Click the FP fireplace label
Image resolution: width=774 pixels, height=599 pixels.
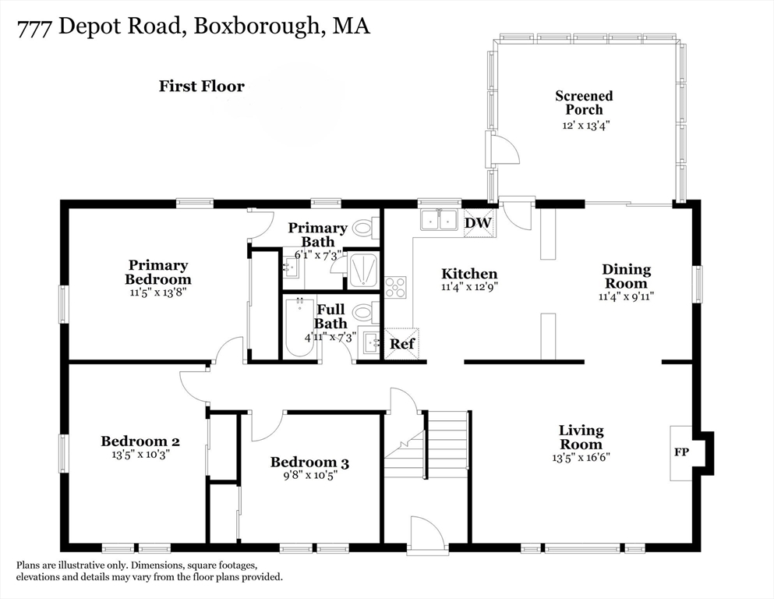680,452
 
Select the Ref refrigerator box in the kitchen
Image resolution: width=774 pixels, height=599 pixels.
401,343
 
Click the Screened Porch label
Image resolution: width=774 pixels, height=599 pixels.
584,102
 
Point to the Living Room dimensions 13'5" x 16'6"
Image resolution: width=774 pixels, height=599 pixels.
581,458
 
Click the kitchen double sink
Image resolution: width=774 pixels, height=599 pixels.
439,220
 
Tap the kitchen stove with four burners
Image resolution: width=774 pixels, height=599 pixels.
396,287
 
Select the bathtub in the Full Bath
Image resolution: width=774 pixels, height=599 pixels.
299,328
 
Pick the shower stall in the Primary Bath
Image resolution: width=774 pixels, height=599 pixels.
362,271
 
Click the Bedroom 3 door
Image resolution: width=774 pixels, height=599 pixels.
268,426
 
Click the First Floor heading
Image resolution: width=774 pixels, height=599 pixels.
201,86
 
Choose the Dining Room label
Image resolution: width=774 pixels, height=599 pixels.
625,276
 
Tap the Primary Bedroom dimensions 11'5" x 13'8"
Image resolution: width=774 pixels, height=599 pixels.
157,293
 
